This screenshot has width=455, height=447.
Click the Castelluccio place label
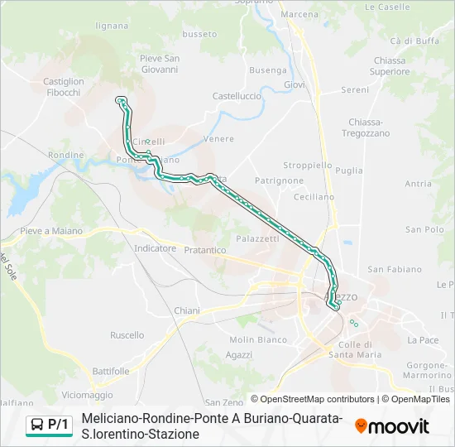pyautogui.click(x=237, y=96)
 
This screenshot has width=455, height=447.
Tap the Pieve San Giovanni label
pyautogui.click(x=160, y=64)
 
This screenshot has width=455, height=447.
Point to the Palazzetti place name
pyautogui.click(x=257, y=238)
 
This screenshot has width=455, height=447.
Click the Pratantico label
pyautogui.click(x=205, y=249)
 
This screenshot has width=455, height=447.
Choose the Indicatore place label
pyautogui.click(x=155, y=248)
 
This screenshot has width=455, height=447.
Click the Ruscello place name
pyautogui.click(x=127, y=335)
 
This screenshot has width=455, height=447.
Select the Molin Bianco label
pyautogui.click(x=258, y=339)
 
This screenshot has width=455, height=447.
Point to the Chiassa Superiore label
pyautogui.click(x=390, y=65)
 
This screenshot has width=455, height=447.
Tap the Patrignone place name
pyautogui.click(x=279, y=180)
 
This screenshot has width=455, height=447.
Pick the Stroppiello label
pyautogui.click(x=308, y=165)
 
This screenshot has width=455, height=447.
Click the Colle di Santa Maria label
pyautogui.click(x=355, y=349)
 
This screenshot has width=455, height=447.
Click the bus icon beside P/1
pyautogui.click(x=36, y=425)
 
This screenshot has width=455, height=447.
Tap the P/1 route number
pyautogui.click(x=58, y=425)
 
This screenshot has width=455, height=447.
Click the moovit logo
pyautogui.click(x=392, y=425)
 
